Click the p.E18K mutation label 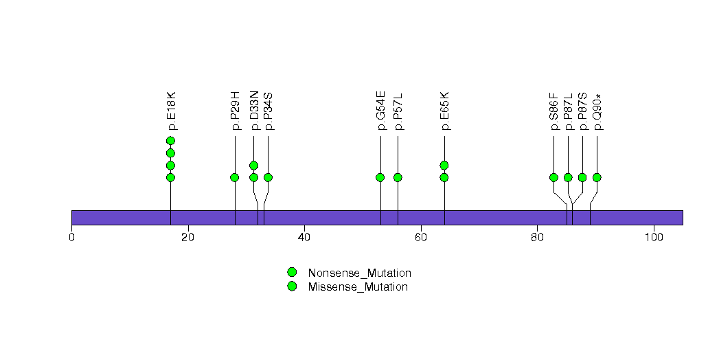pyautogui.click(x=172, y=111)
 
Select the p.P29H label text pyautogui.click(x=236, y=111)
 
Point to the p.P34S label pyautogui.click(x=268, y=111)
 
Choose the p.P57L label pyautogui.click(x=398, y=111)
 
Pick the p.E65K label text pyautogui.click(x=444, y=111)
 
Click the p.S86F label pyautogui.click(x=553, y=111)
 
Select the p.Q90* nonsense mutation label pyautogui.click(x=597, y=111)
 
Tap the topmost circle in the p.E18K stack pyautogui.click(x=170, y=141)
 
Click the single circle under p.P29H pyautogui.click(x=235, y=177)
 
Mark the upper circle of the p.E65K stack pyautogui.click(x=444, y=165)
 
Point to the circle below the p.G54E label pyautogui.click(x=380, y=177)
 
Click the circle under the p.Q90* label pyautogui.click(x=597, y=177)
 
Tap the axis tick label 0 pyautogui.click(x=71, y=238)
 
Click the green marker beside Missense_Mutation pyautogui.click(x=292, y=286)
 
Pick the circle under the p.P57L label pyautogui.click(x=398, y=177)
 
